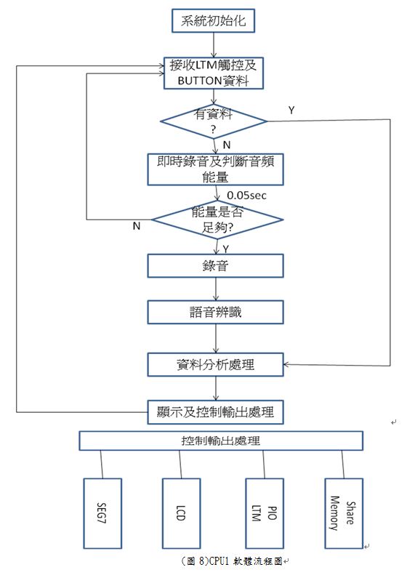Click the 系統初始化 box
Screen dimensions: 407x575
click(x=214, y=20)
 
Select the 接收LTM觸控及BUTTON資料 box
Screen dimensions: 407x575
click(x=214, y=73)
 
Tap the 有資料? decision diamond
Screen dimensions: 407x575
click(x=214, y=121)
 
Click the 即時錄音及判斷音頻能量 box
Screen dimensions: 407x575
click(x=216, y=169)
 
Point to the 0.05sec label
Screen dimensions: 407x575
click(x=246, y=196)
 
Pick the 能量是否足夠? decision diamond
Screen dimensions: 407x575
click(x=217, y=220)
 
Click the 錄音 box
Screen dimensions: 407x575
click(x=216, y=265)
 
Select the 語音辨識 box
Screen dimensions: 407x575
click(x=216, y=312)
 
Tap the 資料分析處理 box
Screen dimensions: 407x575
click(x=216, y=364)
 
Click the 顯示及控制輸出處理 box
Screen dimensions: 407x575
click(x=216, y=412)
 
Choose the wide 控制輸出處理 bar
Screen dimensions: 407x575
click(x=221, y=441)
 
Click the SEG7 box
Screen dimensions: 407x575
click(x=102, y=513)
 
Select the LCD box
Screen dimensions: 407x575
click(x=182, y=513)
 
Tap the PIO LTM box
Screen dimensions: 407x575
click(x=265, y=513)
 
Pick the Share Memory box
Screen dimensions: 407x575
click(x=344, y=513)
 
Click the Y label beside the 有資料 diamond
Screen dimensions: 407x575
click(x=291, y=110)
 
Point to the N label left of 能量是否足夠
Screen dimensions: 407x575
click(x=137, y=226)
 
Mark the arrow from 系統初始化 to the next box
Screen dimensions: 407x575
click(x=214, y=45)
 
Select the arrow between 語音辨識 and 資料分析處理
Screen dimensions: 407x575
click(x=216, y=339)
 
